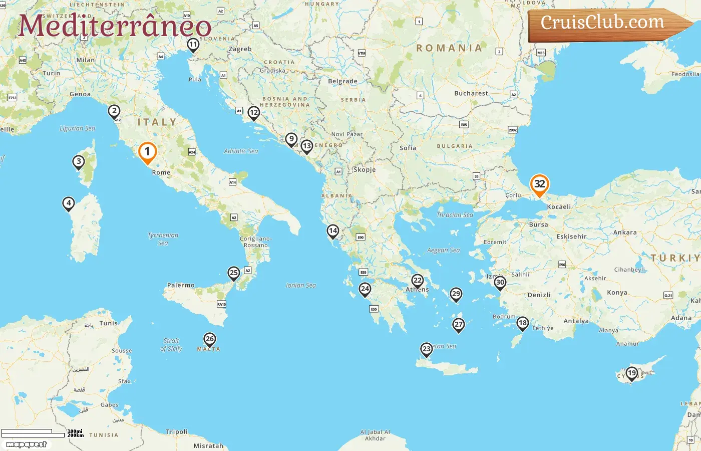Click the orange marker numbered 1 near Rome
pos(147,152)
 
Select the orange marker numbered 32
pos(539,184)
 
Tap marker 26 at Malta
pos(210,339)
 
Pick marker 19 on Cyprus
pos(631,373)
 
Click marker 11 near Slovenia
pos(193,45)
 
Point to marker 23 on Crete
pos(426,349)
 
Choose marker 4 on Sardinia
pos(69,203)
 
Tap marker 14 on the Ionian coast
pos(332,231)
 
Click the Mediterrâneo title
pos(115,26)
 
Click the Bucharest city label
pos(471,93)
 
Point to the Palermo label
pos(181,285)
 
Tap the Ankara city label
pos(625,233)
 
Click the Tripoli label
pos(177,431)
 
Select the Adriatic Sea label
pos(241,151)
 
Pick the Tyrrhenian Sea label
pos(163,239)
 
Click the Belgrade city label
pos(342,81)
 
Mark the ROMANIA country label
pos(449,48)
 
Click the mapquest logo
pos(26,444)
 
